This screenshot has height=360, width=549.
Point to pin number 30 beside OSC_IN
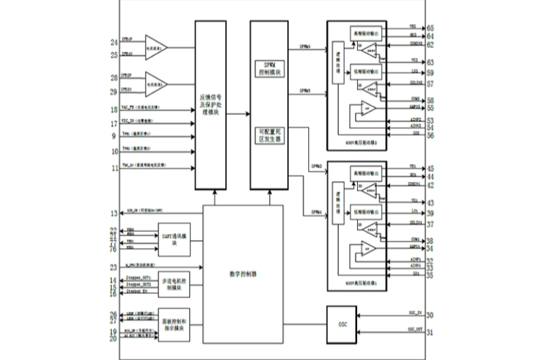[430, 315]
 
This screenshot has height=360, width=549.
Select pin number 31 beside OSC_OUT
[430, 333]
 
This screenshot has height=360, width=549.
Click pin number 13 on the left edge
[113, 213]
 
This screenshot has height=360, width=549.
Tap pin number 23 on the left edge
[113, 267]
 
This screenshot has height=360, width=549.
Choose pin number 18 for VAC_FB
[113, 110]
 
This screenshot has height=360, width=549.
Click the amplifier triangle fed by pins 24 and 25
[156, 48]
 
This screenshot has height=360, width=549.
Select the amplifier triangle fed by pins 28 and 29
[156, 84]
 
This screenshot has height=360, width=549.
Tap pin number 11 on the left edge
[113, 169]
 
